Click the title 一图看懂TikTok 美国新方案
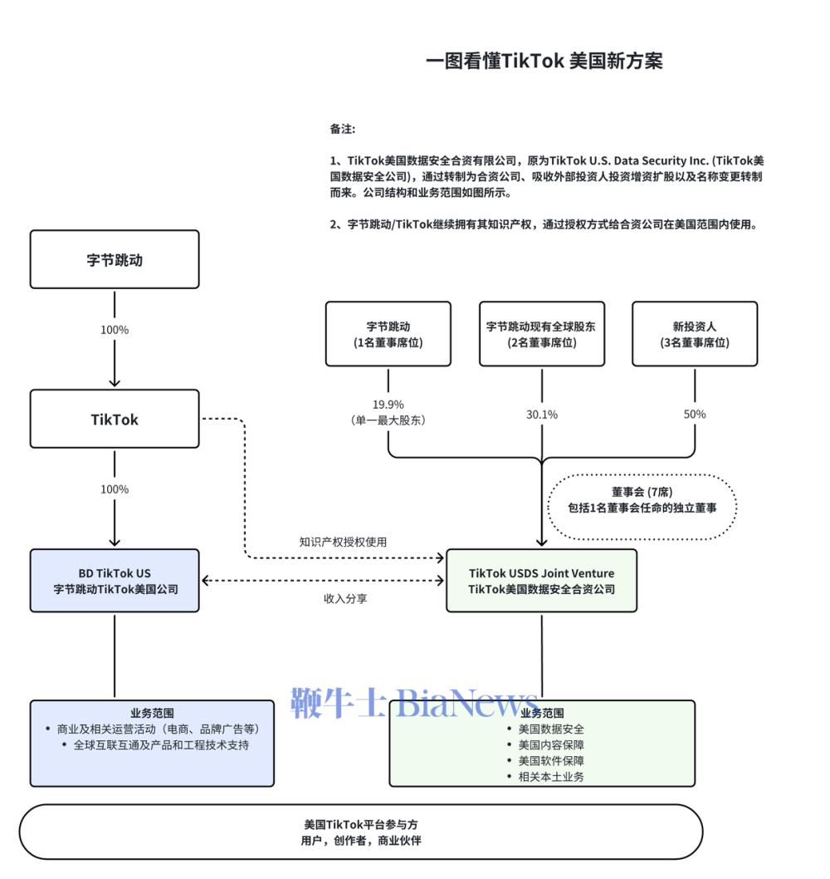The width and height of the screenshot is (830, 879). tap(544, 61)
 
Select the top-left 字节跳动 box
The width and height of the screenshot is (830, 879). tap(115, 259)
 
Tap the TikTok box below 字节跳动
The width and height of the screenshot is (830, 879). tap(115, 419)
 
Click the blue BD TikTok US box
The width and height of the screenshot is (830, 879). tap(115, 581)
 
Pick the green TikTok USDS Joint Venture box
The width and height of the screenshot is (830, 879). tap(541, 581)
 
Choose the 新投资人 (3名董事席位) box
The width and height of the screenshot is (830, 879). tap(695, 334)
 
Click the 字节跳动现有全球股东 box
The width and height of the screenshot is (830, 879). tap(541, 334)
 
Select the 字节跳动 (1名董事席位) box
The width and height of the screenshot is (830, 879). tap(388, 334)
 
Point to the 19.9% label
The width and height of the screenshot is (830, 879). tap(388, 405)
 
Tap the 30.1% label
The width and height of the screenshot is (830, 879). tap(541, 414)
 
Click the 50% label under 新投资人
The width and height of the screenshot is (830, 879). tap(695, 414)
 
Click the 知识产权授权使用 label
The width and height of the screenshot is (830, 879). tap(343, 542)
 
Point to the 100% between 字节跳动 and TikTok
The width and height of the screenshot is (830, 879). tap(115, 330)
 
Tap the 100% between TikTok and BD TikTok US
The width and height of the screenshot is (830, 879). tap(115, 489)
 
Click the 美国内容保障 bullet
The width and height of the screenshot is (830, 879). tap(550, 745)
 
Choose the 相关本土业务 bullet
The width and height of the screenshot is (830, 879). tap(550, 777)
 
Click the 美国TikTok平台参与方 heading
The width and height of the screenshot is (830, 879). tap(360, 824)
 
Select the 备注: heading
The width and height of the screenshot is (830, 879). tap(342, 129)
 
